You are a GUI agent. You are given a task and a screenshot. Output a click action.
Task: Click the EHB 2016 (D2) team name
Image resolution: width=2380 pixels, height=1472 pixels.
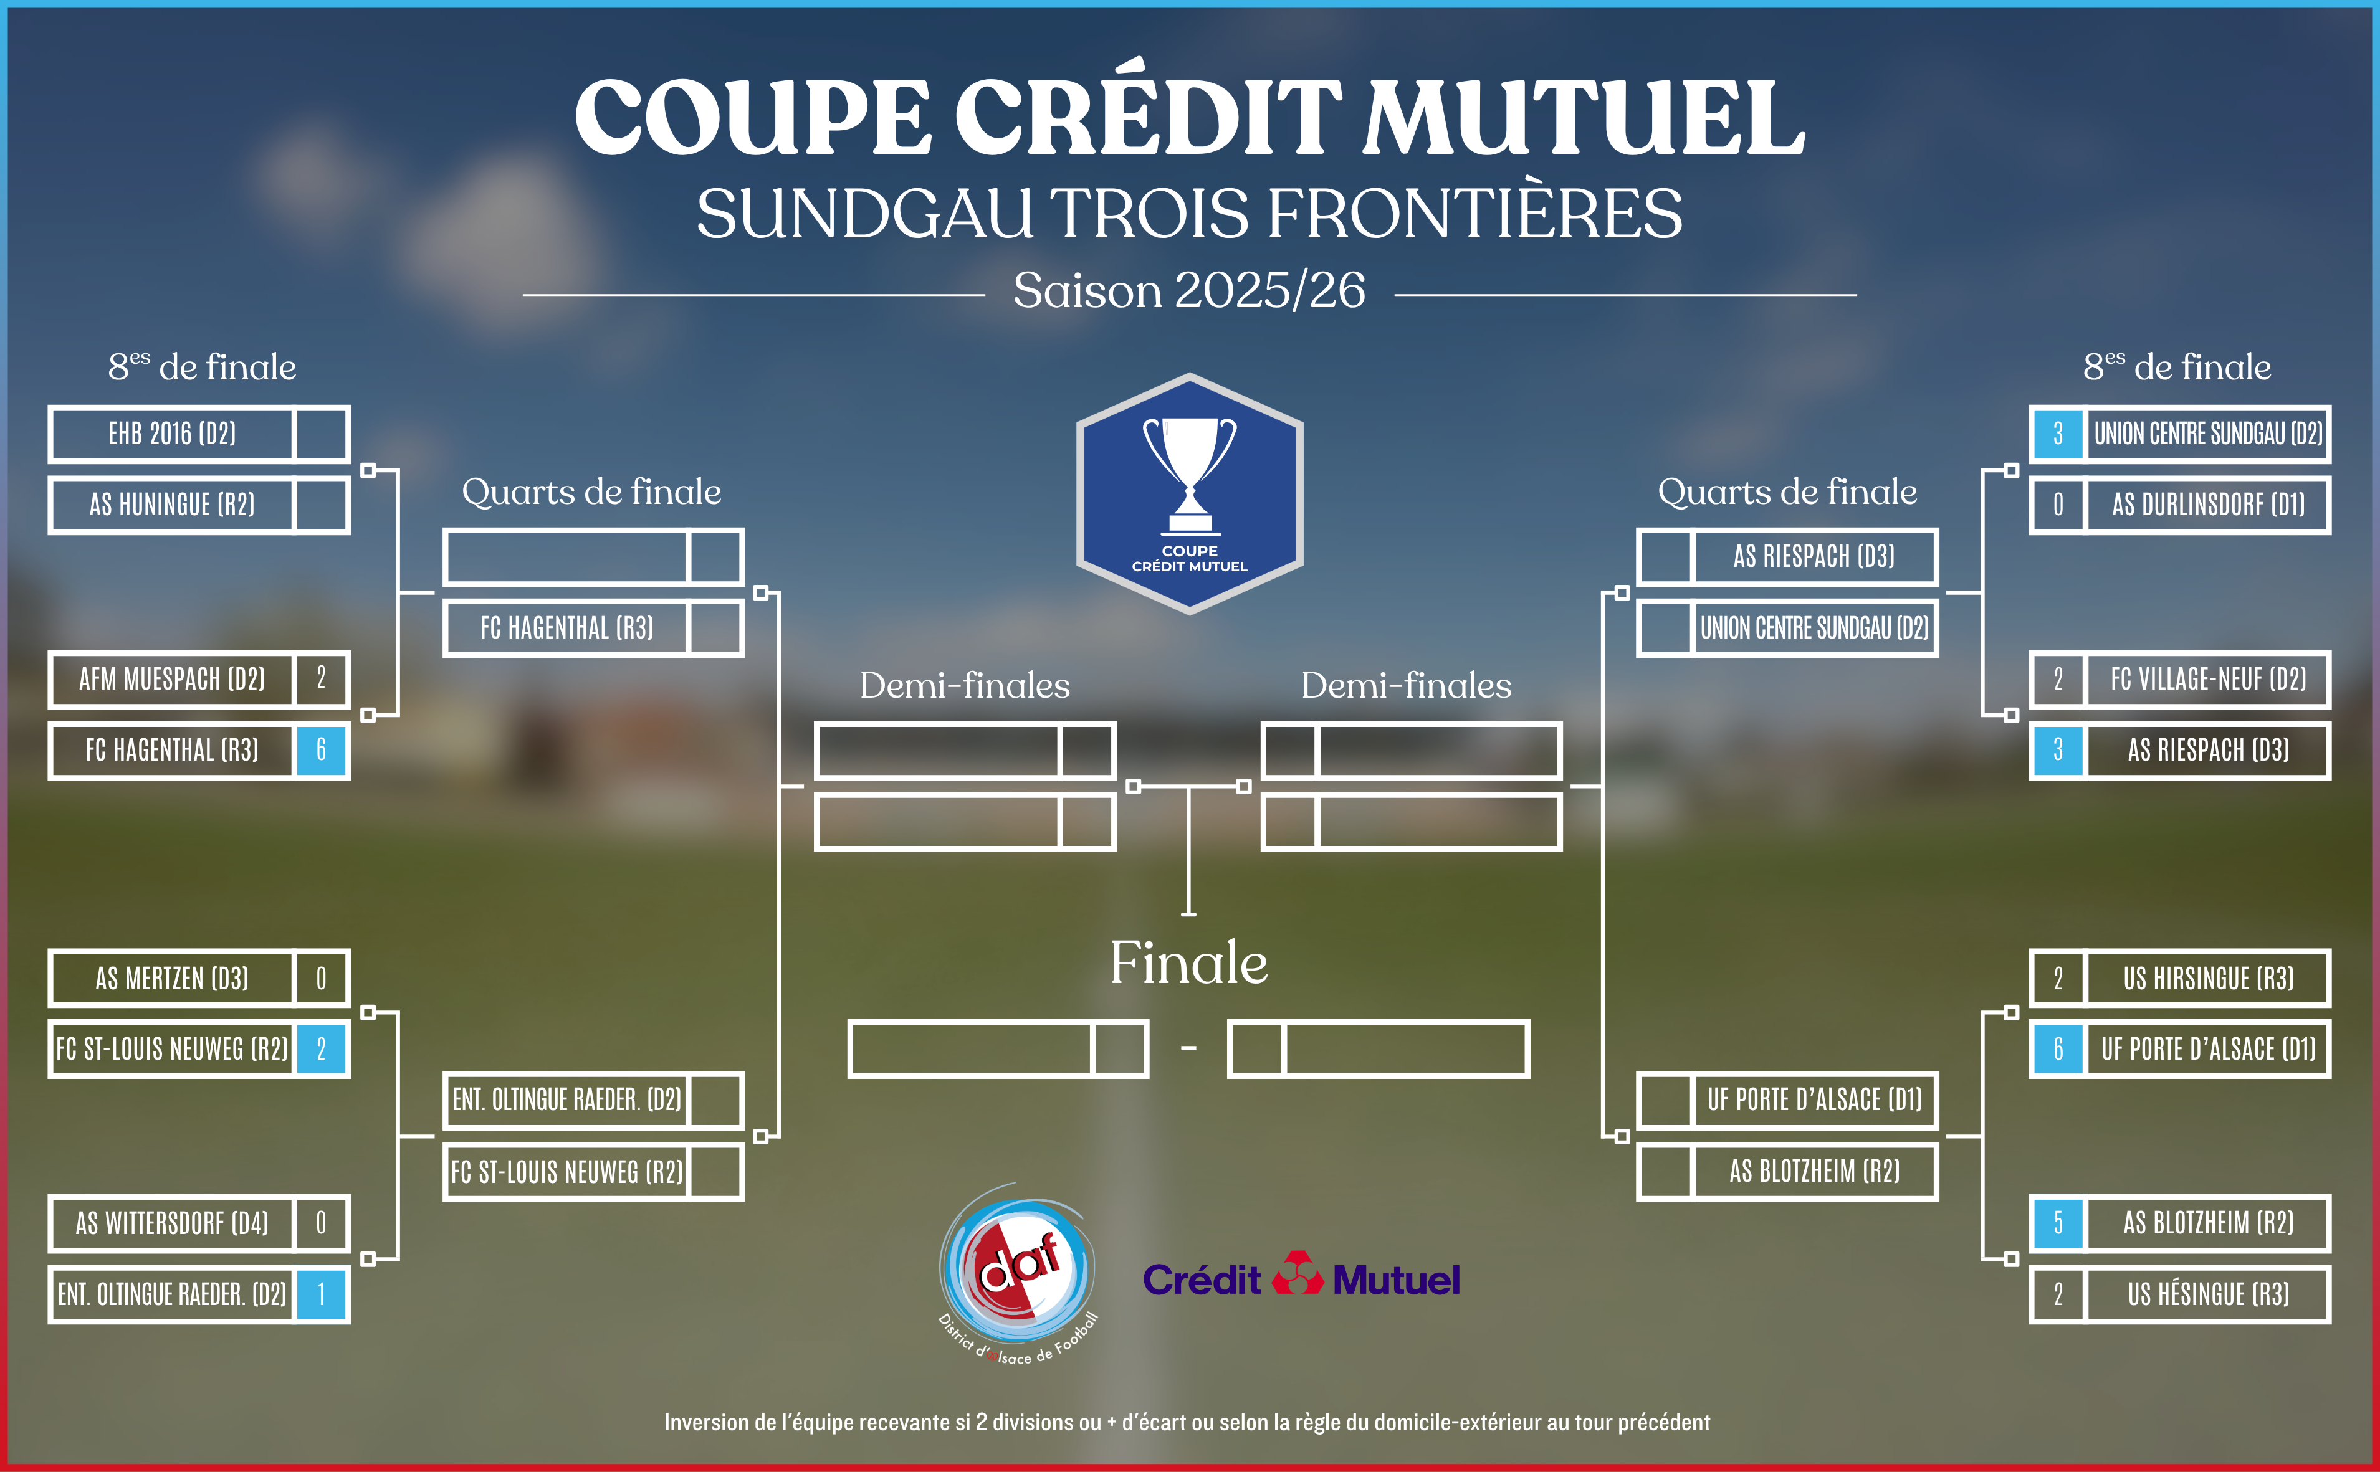(x=173, y=434)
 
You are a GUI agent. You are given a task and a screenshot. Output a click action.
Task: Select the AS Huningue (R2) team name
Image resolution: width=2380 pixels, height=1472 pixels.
(x=173, y=505)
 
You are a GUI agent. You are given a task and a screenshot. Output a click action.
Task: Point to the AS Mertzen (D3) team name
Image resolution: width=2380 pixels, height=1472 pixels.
(x=173, y=979)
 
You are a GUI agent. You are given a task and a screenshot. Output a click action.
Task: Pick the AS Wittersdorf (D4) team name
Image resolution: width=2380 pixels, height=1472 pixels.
(x=173, y=1223)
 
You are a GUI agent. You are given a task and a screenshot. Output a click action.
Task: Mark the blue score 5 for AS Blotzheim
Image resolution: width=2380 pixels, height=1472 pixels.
(x=2058, y=1223)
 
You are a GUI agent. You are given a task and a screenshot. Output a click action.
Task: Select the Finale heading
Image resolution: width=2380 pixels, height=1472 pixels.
(x=1189, y=964)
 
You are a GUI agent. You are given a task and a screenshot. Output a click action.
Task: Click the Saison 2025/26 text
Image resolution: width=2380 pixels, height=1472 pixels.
(x=1189, y=290)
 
